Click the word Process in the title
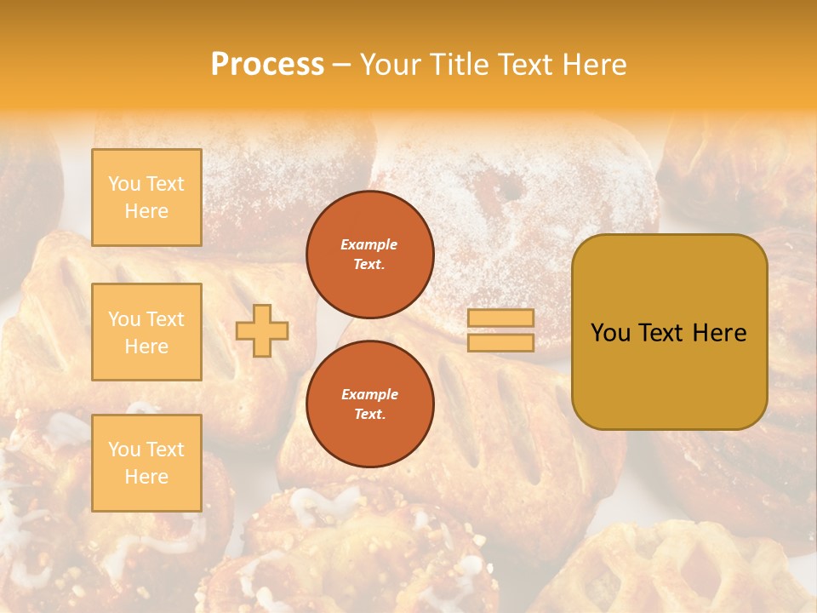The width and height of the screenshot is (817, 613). tap(267, 64)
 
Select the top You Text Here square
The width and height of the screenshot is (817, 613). tap(146, 198)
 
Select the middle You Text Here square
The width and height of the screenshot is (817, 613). tap(146, 332)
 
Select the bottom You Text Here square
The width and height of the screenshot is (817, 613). tap(146, 462)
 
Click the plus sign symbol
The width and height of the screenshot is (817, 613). tap(262, 330)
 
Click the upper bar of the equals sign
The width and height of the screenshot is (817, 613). tap(501, 318)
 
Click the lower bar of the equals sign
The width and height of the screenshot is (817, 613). tap(501, 342)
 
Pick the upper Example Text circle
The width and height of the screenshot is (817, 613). tap(370, 255)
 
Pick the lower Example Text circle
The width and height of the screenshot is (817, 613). tap(370, 404)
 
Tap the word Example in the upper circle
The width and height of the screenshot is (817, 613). tap(369, 244)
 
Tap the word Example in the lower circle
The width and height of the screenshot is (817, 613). tap(369, 394)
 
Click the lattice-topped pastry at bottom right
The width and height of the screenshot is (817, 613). tap(681, 570)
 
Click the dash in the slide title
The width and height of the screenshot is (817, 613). tap(342, 65)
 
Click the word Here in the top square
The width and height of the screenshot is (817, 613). tap(146, 211)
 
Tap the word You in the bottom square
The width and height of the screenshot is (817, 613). tap(124, 449)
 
